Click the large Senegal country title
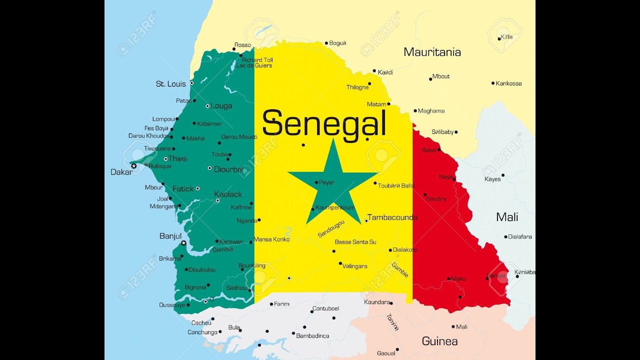[324, 123]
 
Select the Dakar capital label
[121, 172]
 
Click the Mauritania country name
[432, 52]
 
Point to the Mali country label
[506, 217]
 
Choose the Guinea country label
[439, 341]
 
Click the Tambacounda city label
[392, 217]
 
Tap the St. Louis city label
[170, 84]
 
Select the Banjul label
[170, 235]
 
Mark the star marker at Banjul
[183, 243]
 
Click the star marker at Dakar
[133, 166]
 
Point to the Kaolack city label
[227, 194]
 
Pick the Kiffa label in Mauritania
[506, 37]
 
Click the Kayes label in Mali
[492, 179]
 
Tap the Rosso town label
[242, 45]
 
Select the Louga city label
[221, 105]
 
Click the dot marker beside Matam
[388, 104]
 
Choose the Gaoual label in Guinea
[385, 353]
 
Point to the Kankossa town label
[508, 83]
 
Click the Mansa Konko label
[271, 239]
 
